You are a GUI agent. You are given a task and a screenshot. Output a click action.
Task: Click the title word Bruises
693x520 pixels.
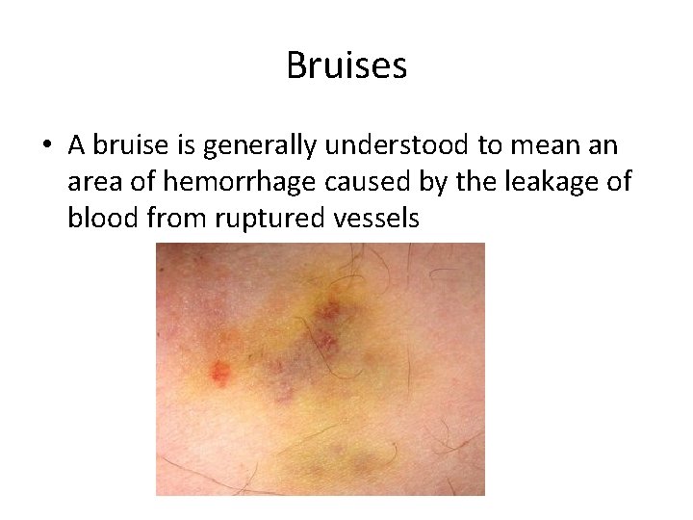pyautogui.click(x=346, y=65)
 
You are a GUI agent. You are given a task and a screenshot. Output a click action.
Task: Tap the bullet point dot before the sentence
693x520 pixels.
pyautogui.click(x=45, y=147)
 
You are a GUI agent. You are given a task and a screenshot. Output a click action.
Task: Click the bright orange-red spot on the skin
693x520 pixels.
pyautogui.click(x=220, y=372)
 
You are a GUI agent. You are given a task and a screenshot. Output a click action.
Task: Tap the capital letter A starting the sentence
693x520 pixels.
pyautogui.click(x=77, y=146)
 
